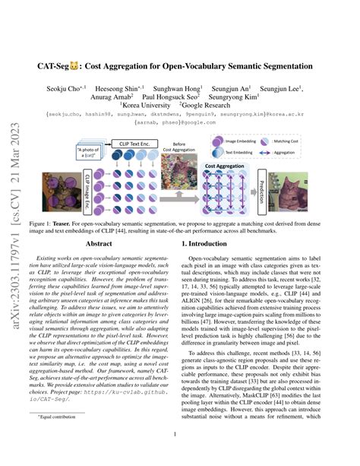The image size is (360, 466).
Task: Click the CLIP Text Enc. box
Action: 127,141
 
